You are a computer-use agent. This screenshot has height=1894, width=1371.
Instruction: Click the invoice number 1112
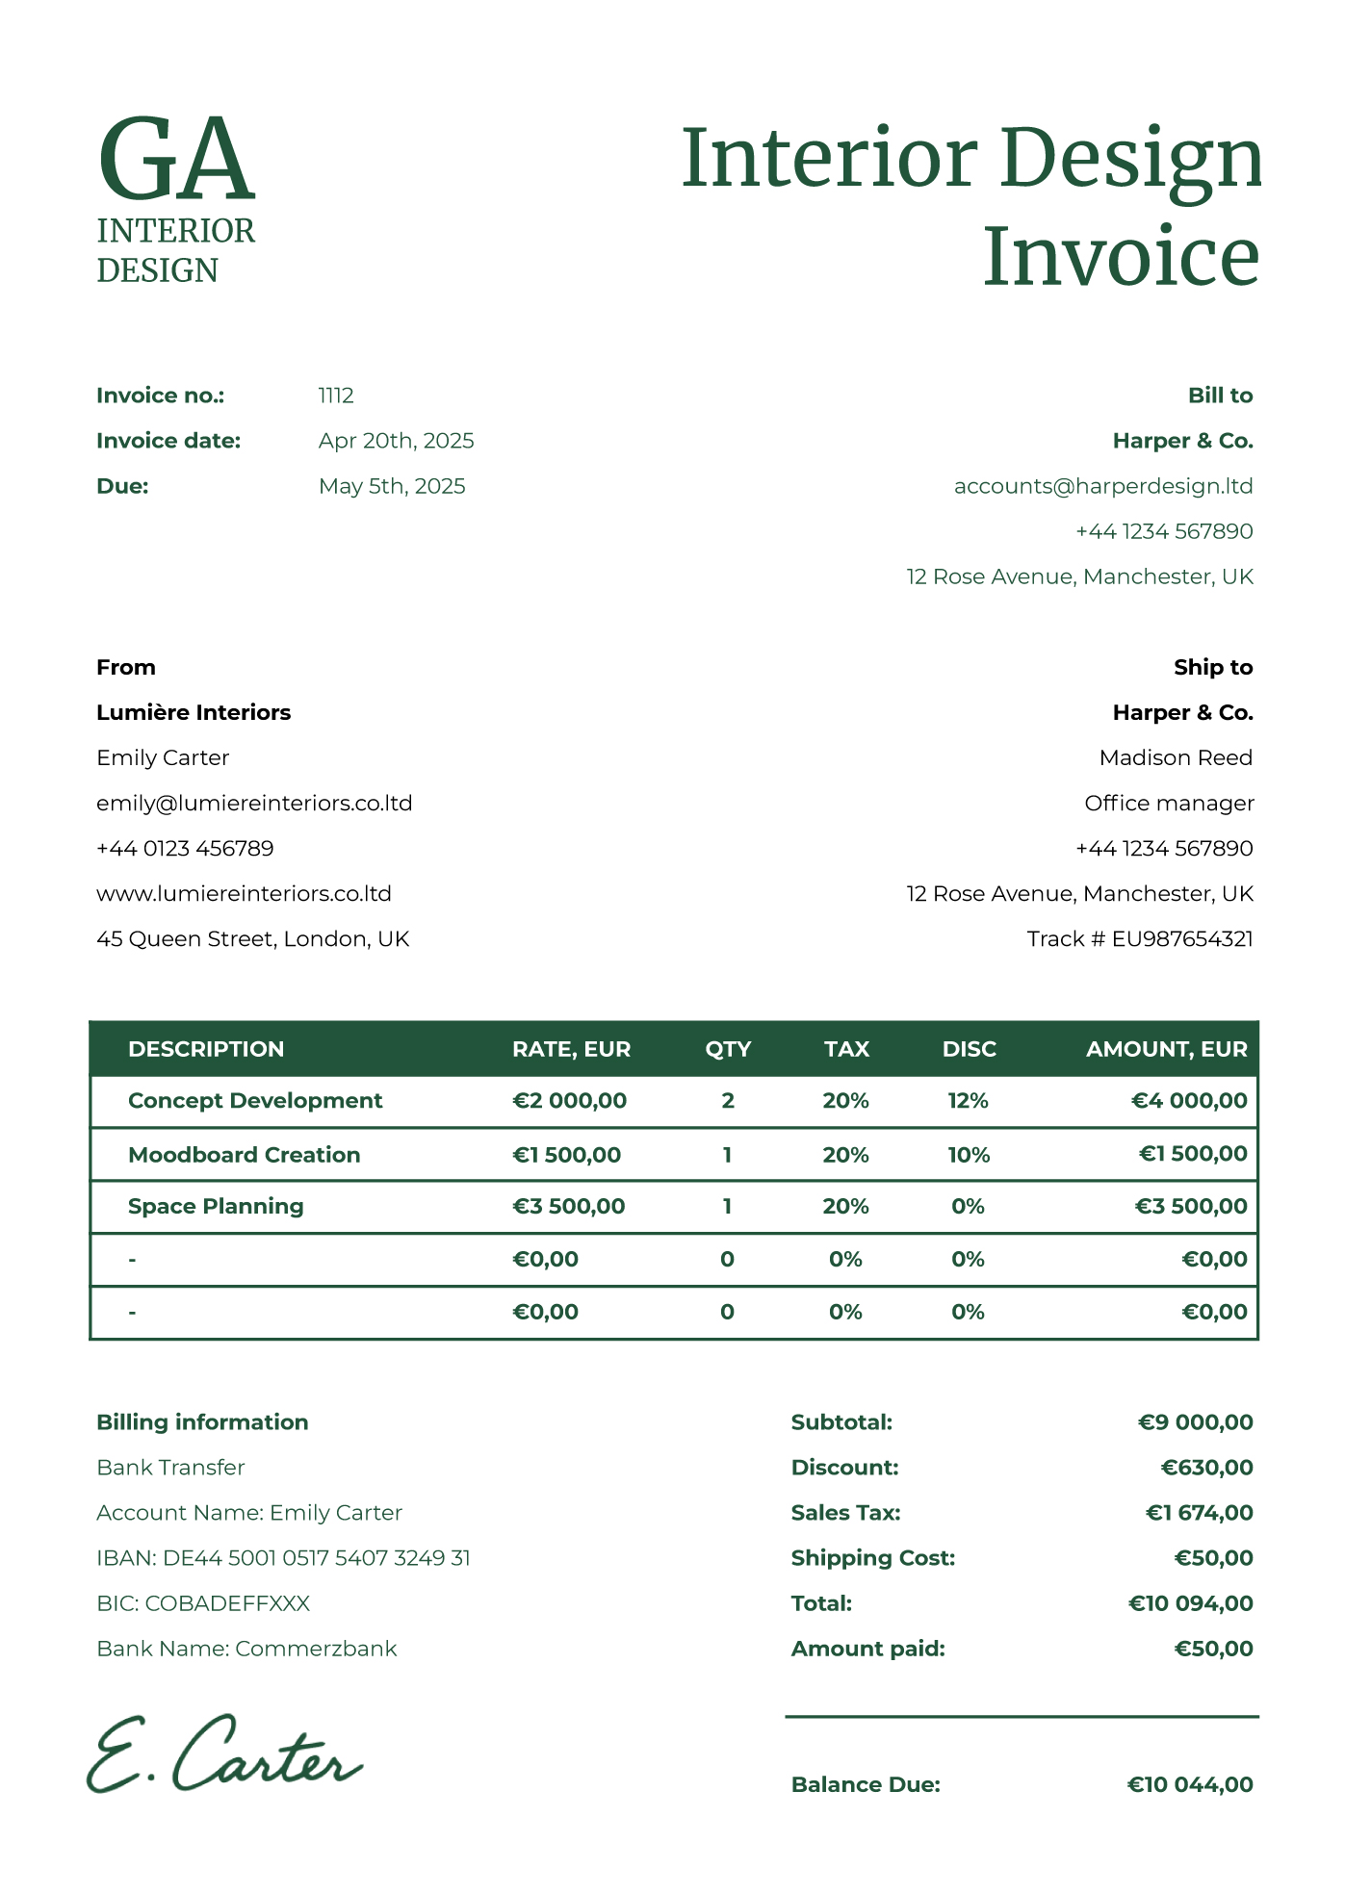(x=336, y=396)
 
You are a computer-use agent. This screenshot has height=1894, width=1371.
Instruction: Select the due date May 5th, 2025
(x=392, y=486)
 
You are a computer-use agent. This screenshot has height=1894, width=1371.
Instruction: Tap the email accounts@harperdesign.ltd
(x=1103, y=486)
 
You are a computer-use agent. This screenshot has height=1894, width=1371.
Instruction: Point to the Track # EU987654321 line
(x=1140, y=938)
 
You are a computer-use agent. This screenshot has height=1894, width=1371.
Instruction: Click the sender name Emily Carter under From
(x=163, y=757)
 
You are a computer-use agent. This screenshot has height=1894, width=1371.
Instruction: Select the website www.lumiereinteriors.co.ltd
(x=244, y=893)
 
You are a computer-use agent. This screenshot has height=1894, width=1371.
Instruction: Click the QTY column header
(x=728, y=1049)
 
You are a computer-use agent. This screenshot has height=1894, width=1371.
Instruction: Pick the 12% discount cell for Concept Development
(x=968, y=1101)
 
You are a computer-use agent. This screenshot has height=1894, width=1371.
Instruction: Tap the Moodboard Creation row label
(x=245, y=1155)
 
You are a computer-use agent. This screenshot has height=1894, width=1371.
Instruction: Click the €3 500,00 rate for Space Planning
(x=568, y=1206)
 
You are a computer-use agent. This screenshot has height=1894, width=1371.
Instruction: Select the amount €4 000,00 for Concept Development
(x=1189, y=1101)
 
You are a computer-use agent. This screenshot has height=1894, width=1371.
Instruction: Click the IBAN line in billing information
(x=283, y=1558)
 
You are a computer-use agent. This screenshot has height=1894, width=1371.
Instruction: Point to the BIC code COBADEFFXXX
(x=203, y=1603)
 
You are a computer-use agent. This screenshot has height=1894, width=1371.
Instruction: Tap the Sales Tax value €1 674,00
(x=1199, y=1513)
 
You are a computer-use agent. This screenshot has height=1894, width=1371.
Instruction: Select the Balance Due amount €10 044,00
(x=1190, y=1785)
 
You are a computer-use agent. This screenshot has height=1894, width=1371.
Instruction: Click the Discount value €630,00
(x=1206, y=1468)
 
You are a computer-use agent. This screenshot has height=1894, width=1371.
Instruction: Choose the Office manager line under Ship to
(x=1169, y=803)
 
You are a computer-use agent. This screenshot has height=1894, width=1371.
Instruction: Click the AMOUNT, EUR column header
(x=1166, y=1049)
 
